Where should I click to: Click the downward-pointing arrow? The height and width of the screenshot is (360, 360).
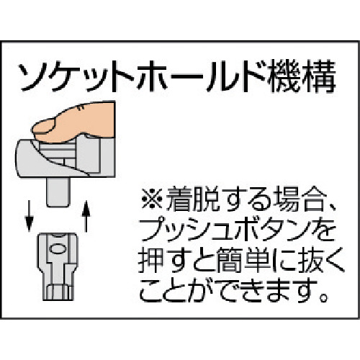tap(29, 215)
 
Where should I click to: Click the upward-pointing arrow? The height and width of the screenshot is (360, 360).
tap(86, 217)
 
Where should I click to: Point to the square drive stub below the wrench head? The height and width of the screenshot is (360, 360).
tap(58, 192)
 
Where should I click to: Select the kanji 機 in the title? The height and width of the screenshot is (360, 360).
tap(285, 76)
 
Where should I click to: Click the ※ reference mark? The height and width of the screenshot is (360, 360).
tap(152, 199)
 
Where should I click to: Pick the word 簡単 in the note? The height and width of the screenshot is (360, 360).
tap(243, 261)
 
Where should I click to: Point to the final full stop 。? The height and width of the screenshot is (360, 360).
tap(324, 298)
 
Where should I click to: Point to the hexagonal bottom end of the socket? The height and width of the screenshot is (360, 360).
tap(58, 292)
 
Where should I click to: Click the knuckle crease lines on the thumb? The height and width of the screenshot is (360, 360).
tap(81, 108)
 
